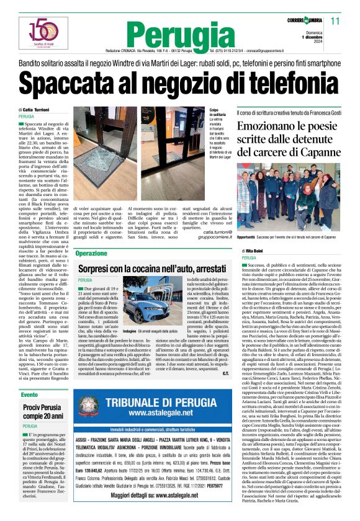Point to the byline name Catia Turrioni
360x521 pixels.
38,110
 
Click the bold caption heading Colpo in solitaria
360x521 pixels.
217,112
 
